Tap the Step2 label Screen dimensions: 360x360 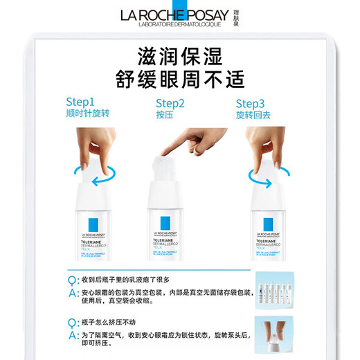pos(170,104)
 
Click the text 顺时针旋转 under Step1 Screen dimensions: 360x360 pos(87,114)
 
